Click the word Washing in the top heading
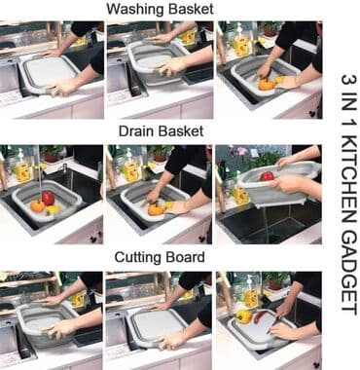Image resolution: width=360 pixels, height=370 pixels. [x=134, y=10]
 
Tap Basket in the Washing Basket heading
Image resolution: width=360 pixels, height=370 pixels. [x=190, y=9]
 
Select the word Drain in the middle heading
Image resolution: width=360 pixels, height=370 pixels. [x=137, y=131]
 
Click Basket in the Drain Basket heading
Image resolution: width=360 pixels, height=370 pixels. [x=181, y=131]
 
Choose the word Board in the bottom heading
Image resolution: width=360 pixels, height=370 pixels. [x=185, y=257]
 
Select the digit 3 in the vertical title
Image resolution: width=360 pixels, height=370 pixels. [x=349, y=80]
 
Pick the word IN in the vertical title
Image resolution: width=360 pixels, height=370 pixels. [x=349, y=102]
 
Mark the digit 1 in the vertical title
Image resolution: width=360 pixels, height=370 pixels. [x=349, y=124]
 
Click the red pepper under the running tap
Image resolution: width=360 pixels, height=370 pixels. [x=49, y=198]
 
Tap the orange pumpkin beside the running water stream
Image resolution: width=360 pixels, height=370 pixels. [x=38, y=205]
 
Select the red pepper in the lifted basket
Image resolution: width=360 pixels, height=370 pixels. [x=267, y=176]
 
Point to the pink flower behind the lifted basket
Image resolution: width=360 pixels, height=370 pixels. [x=242, y=151]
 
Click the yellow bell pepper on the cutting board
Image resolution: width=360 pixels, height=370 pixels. [x=243, y=316]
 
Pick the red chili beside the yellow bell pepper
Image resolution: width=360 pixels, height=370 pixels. [x=261, y=316]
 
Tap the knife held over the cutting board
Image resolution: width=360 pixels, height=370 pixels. [x=271, y=327]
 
